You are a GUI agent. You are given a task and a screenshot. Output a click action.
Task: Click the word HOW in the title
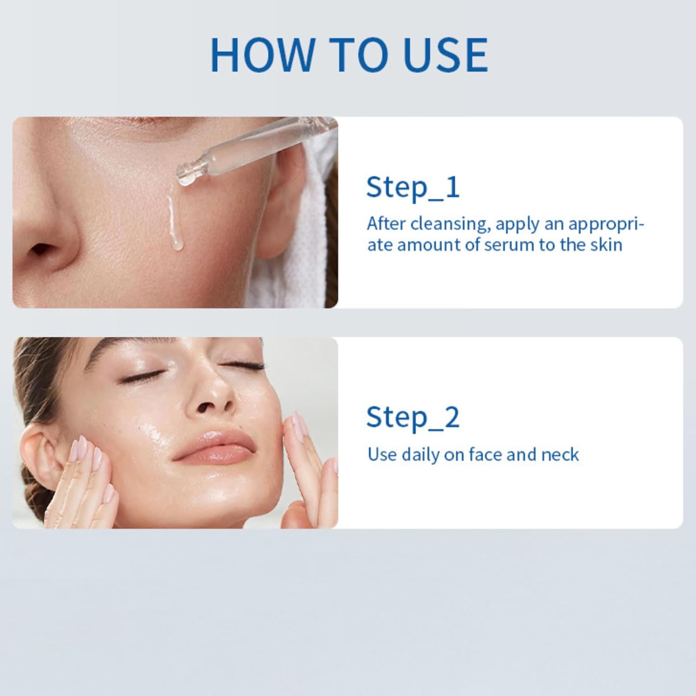pyautogui.click(x=262, y=55)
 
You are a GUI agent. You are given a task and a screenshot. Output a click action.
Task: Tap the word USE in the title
pyautogui.click(x=446, y=55)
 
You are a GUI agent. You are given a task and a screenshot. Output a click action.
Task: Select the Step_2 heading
pyautogui.click(x=412, y=418)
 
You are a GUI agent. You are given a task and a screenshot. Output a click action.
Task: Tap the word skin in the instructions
pyautogui.click(x=606, y=245)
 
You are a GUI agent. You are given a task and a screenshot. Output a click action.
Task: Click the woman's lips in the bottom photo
pyautogui.click(x=214, y=446)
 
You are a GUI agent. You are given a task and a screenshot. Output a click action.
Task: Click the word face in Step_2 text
pyautogui.click(x=486, y=455)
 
